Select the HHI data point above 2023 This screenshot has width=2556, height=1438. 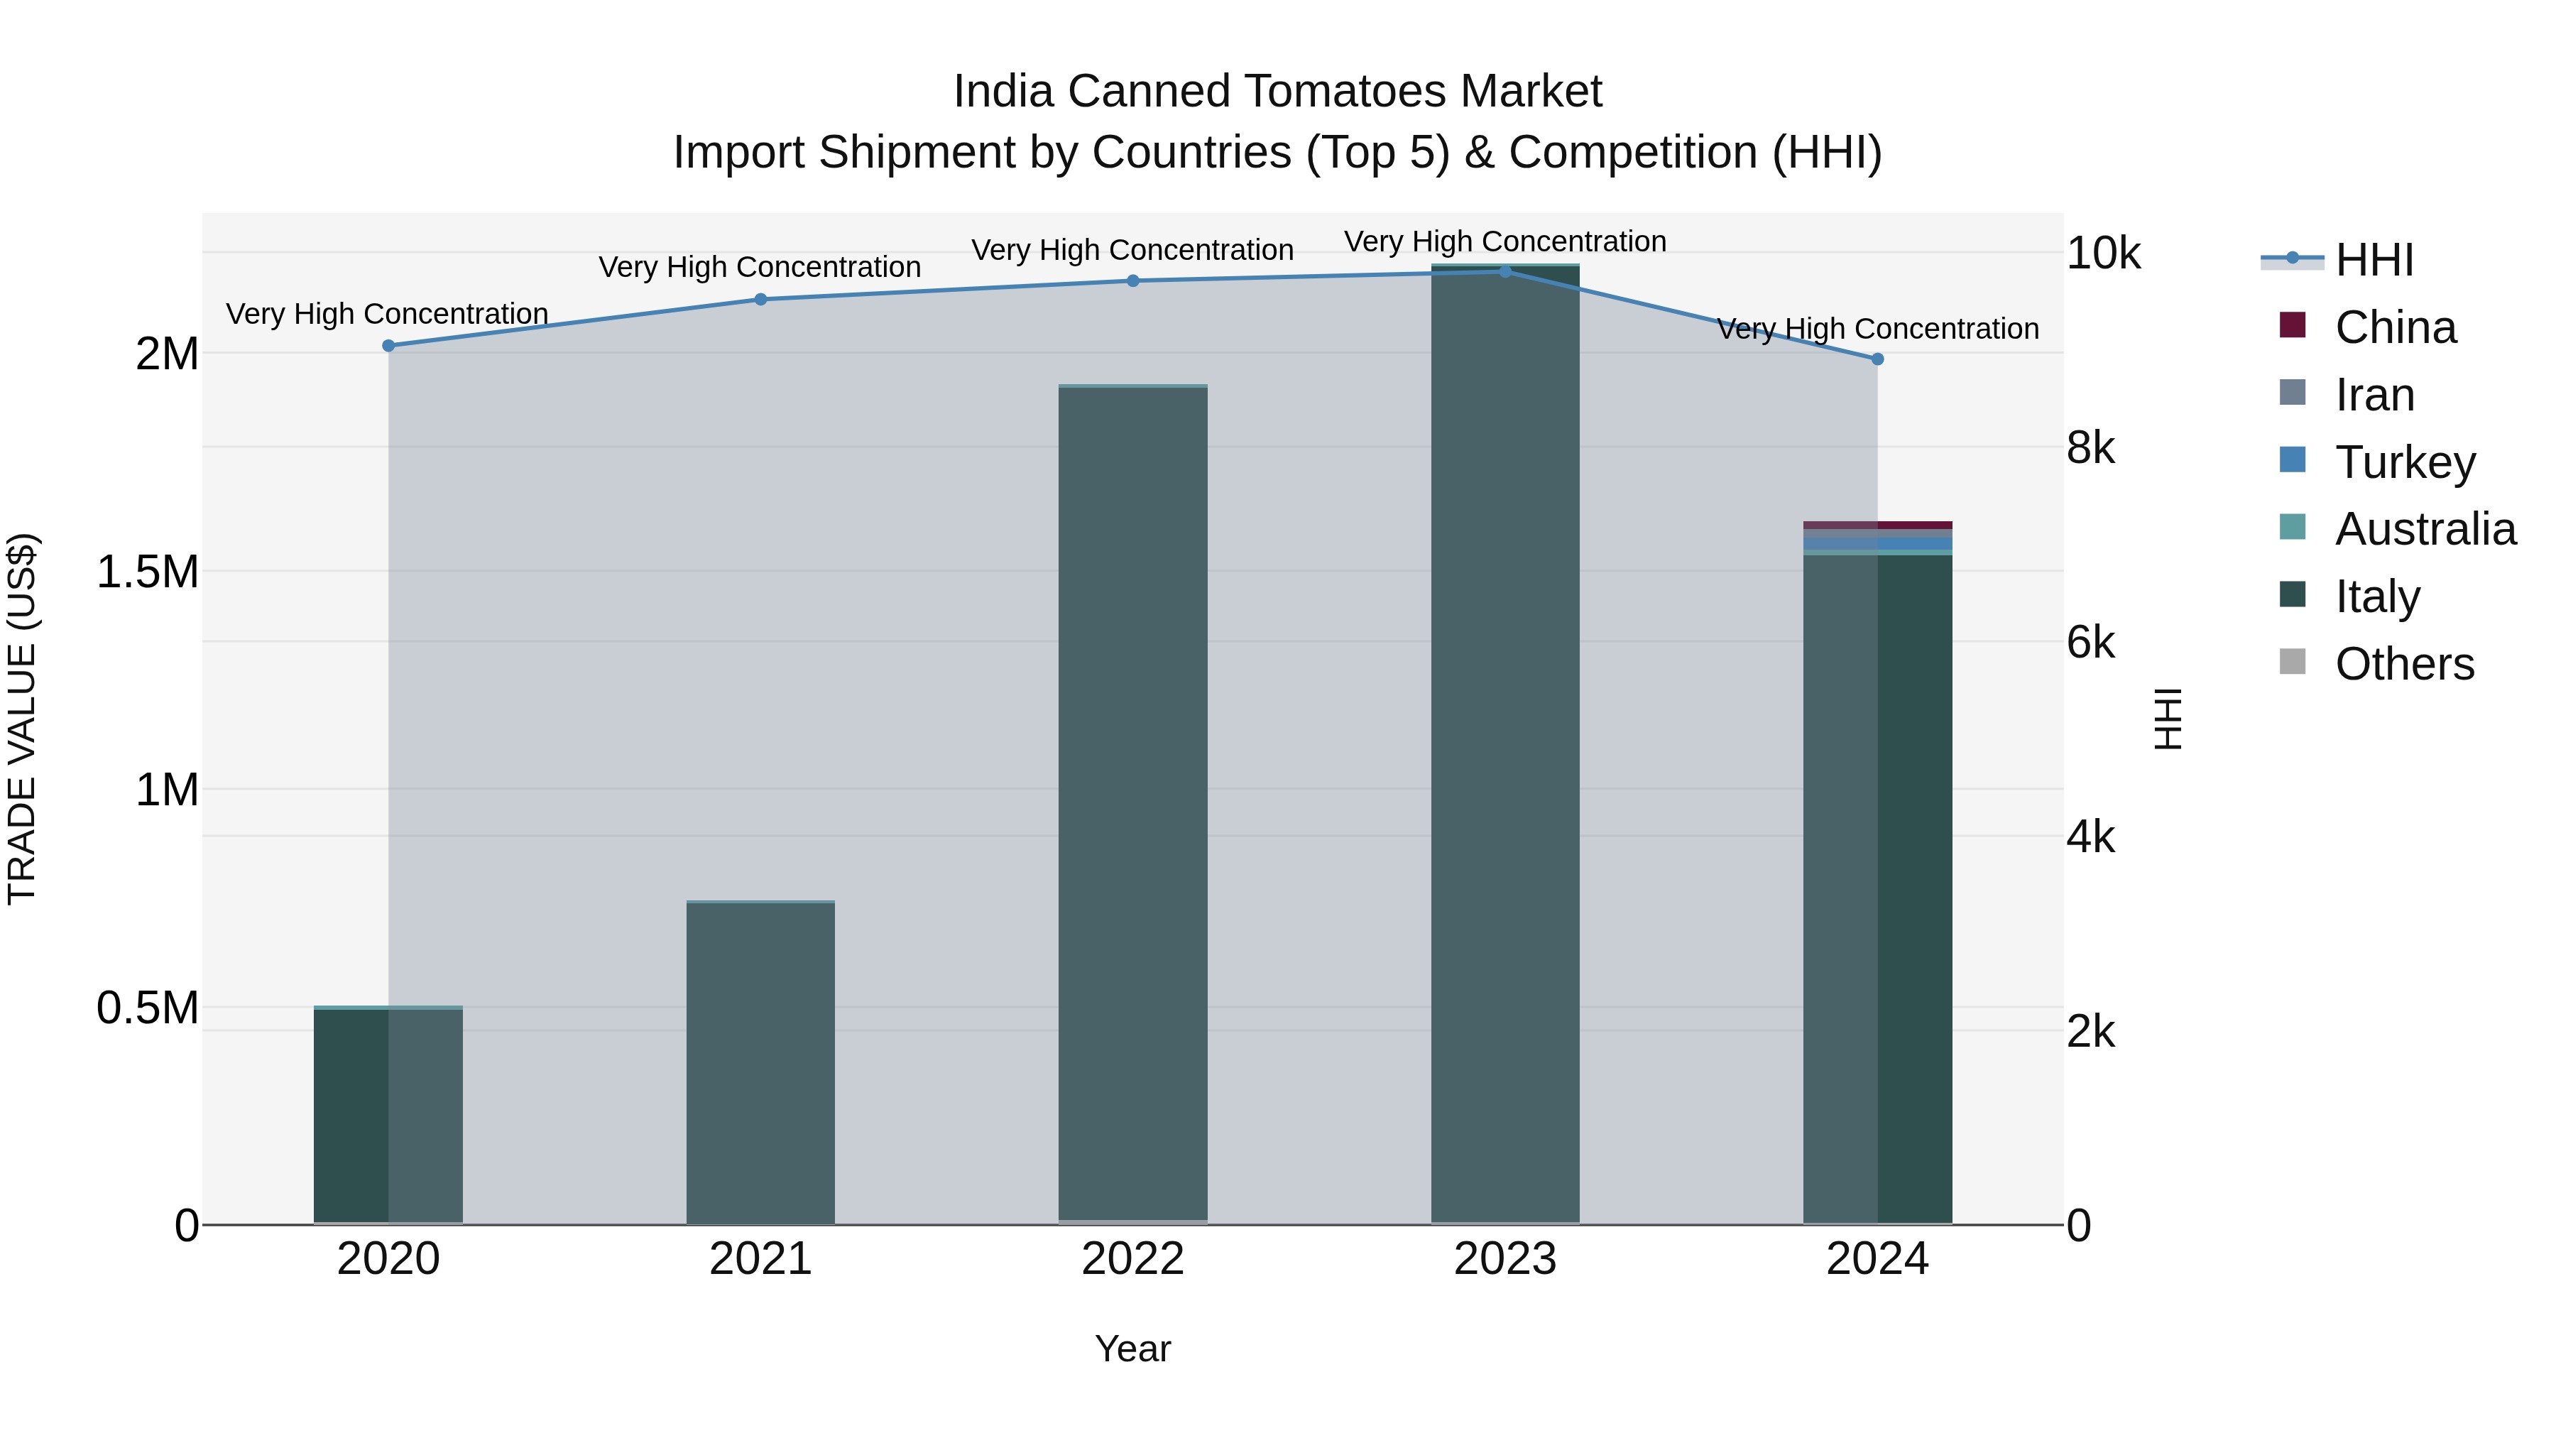[x=1505, y=271]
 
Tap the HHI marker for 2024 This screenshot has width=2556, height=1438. [x=1877, y=359]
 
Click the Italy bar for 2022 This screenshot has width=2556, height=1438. [x=1133, y=804]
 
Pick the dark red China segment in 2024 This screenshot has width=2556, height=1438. [x=1877, y=525]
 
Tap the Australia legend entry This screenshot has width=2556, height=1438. [x=2425, y=529]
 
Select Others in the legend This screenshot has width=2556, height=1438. [x=2404, y=664]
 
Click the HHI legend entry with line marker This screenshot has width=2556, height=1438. [x=2374, y=260]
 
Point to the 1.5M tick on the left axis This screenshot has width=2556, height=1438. [x=148, y=572]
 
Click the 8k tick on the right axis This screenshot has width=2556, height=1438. [x=2091, y=449]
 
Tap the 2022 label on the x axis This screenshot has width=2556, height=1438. [x=1133, y=1259]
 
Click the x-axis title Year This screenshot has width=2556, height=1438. [x=1133, y=1349]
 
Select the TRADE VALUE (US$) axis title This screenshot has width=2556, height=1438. [x=22, y=719]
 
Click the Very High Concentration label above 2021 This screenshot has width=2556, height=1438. [x=760, y=267]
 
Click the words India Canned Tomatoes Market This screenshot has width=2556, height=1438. [x=1277, y=92]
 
